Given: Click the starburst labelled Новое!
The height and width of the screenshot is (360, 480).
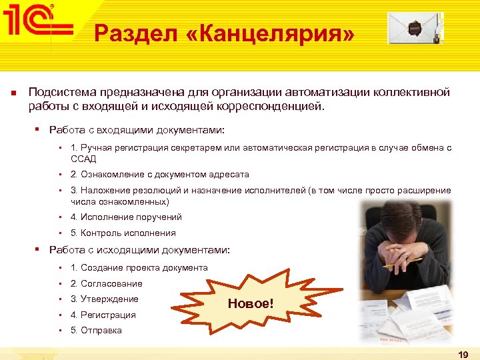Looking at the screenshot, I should click(250, 303).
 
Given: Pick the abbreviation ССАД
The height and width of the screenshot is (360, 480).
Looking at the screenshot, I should click(83, 159).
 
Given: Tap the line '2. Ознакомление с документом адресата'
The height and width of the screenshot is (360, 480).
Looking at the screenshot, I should click(159, 175).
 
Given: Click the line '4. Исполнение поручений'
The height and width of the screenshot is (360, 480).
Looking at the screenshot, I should click(126, 217).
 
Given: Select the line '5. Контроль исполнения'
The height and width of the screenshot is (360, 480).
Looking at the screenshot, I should click(123, 233).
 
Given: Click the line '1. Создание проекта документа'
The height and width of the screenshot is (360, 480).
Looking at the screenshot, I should click(139, 268).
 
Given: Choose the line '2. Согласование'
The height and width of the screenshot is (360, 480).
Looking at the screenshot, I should click(106, 284).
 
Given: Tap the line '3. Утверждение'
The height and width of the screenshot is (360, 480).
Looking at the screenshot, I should click(104, 299).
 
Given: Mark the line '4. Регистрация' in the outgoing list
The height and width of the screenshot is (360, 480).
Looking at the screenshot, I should click(103, 315).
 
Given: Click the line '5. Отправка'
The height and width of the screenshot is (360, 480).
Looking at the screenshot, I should click(96, 331).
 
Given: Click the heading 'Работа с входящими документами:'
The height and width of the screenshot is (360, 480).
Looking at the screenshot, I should click(137, 129).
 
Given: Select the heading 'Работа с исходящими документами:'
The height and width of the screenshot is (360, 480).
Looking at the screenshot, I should click(139, 250).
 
